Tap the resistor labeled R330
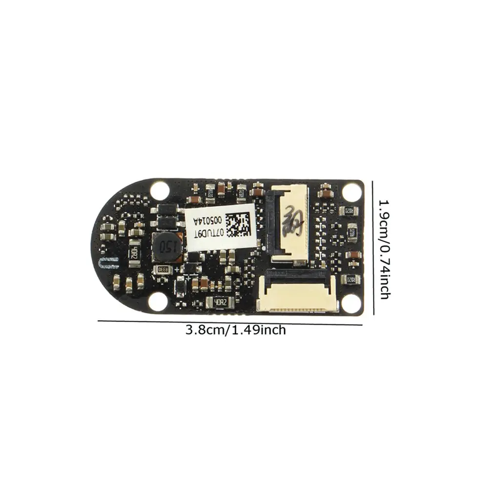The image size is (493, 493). [162, 269]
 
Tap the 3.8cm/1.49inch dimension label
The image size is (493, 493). [235, 330]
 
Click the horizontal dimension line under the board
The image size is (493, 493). [229, 323]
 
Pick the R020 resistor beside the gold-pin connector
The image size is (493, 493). [350, 280]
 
